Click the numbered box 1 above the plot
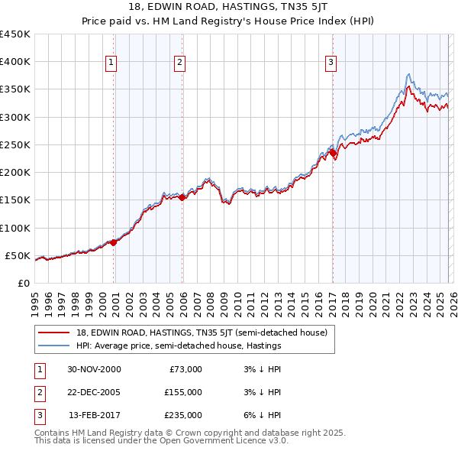coord(111,63)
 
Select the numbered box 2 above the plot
coord(179,63)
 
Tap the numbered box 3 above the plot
coord(331,63)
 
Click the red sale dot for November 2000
coord(114,242)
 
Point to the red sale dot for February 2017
coord(333,153)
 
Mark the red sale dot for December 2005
coord(182,197)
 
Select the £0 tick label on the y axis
coord(23,283)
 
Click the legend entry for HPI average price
coord(179,346)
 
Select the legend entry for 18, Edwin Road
coord(202,333)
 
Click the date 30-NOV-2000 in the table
coord(94,368)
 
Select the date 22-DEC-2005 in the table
coord(94,391)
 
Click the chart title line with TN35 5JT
coord(228,8)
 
